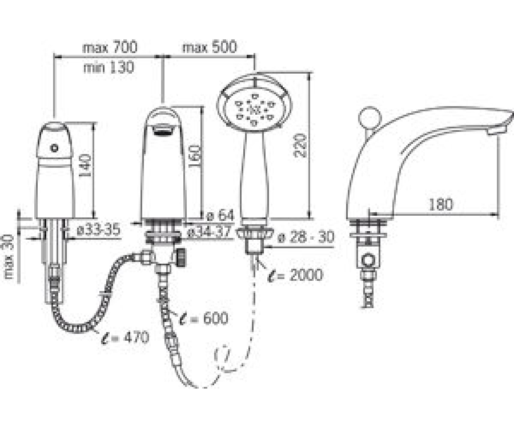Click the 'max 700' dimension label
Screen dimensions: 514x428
(x=110, y=47)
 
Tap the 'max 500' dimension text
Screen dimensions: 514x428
(x=209, y=47)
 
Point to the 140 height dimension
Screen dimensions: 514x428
(x=86, y=166)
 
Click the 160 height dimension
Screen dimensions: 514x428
(x=194, y=157)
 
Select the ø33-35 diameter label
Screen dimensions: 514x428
(x=99, y=230)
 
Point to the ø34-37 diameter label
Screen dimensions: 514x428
(x=209, y=232)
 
